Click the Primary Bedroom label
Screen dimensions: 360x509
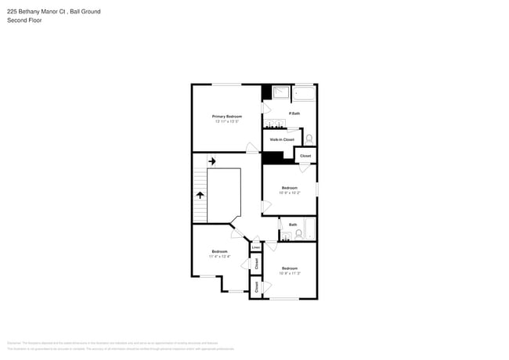click(226, 116)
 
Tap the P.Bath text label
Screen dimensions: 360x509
click(294, 113)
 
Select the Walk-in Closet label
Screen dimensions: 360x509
click(282, 139)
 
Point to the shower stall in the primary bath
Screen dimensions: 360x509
click(280, 94)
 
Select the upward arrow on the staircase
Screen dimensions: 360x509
click(200, 196)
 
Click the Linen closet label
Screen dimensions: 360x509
click(255, 247)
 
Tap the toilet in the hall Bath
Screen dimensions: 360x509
click(298, 233)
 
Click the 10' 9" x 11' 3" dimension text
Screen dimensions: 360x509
click(289, 273)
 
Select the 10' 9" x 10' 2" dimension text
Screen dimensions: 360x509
click(289, 193)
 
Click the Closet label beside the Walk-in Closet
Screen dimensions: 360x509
click(305, 156)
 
